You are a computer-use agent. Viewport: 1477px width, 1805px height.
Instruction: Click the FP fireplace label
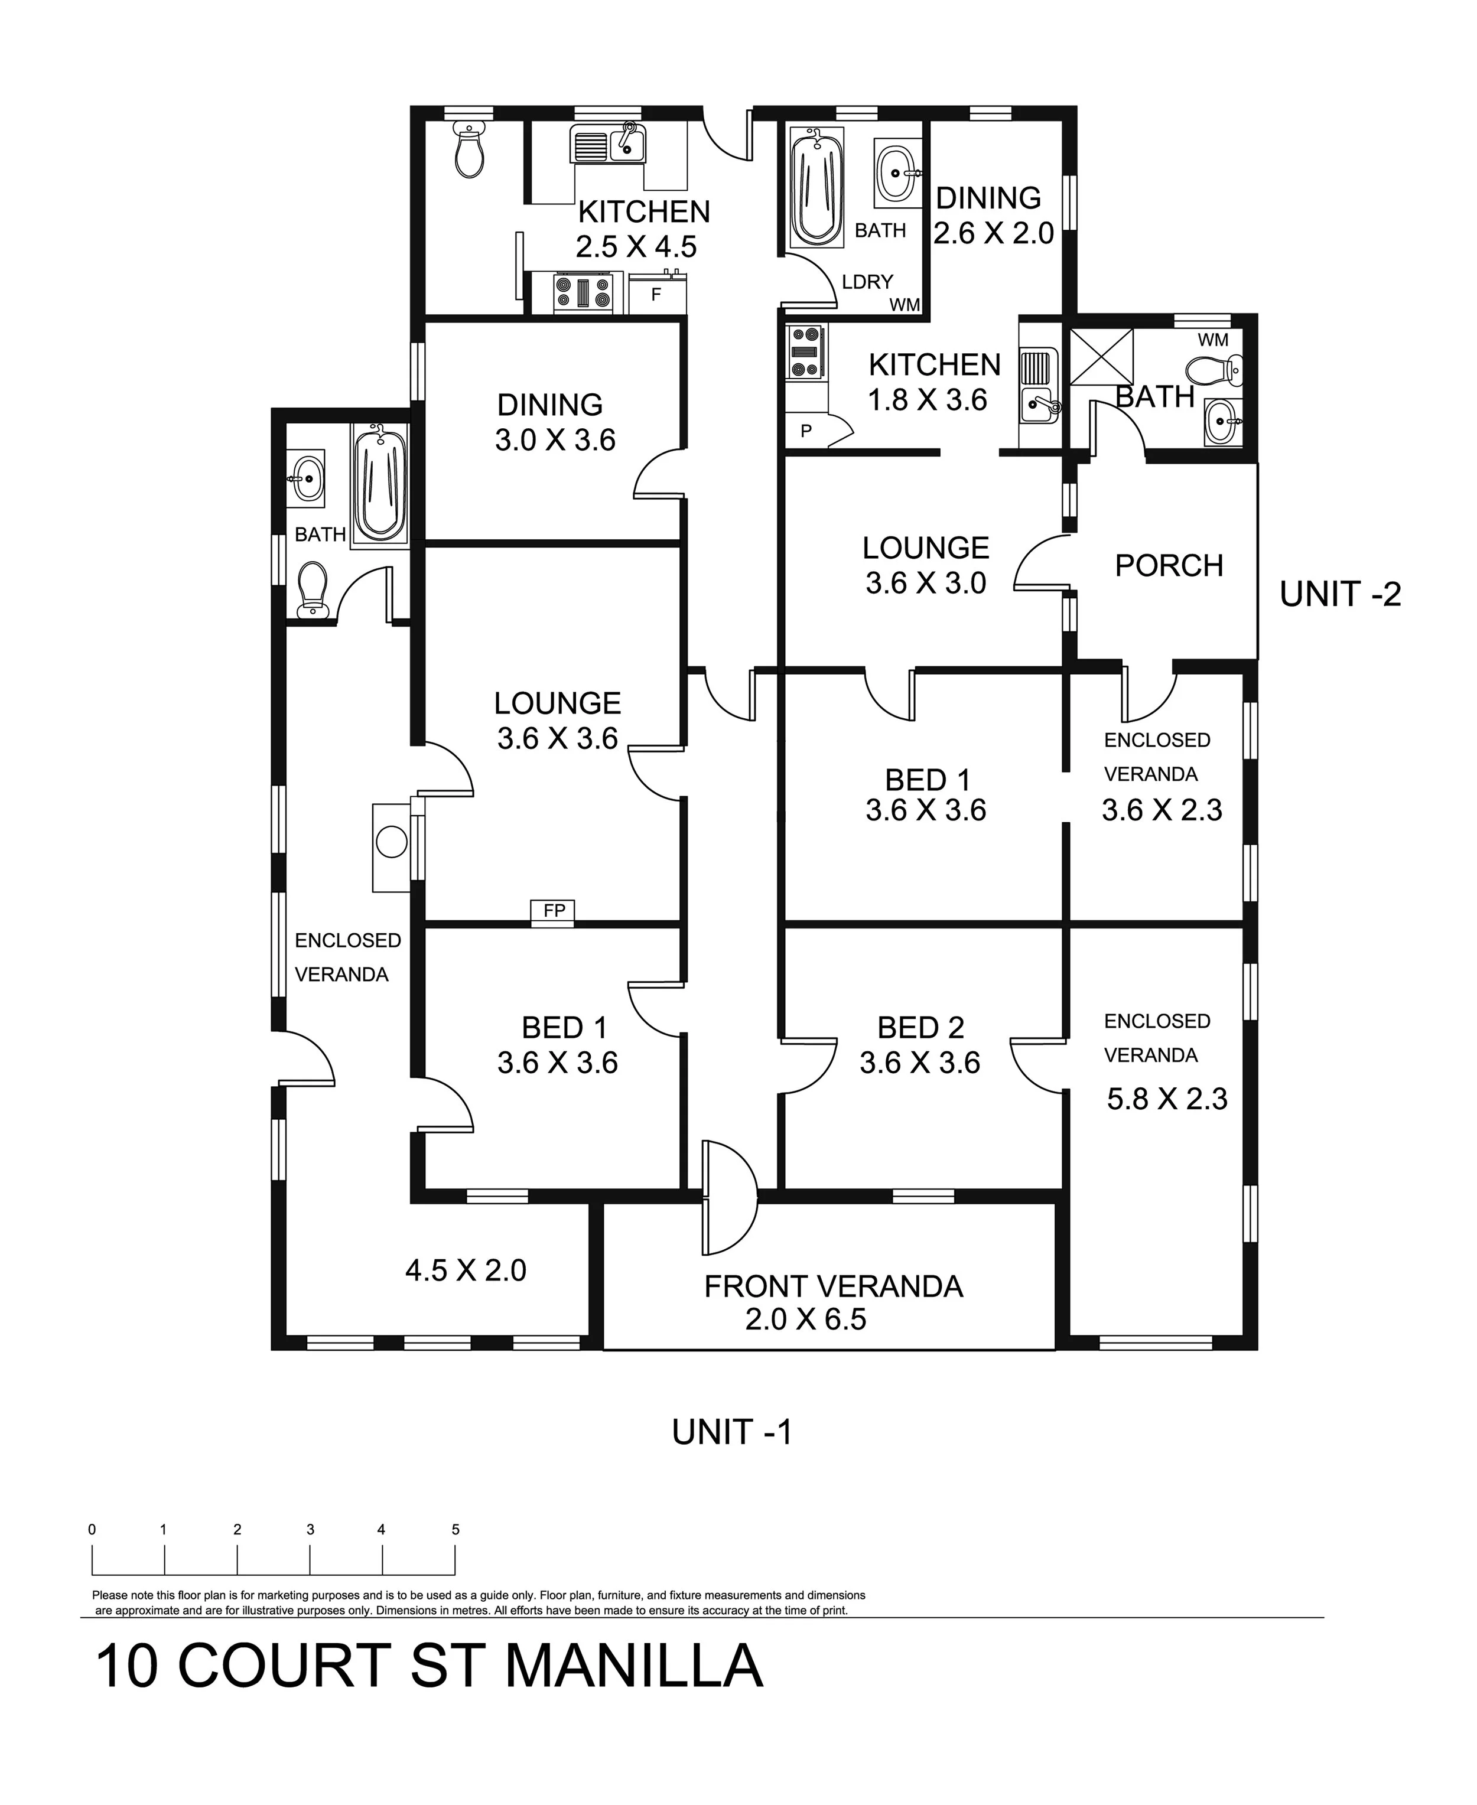tap(554, 911)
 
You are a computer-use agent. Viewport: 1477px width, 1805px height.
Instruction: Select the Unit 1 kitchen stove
tap(583, 292)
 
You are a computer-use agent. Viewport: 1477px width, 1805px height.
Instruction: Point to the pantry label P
tap(806, 431)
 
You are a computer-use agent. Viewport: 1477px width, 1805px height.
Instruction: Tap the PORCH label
tap(1169, 566)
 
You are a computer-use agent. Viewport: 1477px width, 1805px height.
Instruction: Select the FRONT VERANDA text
tap(833, 1286)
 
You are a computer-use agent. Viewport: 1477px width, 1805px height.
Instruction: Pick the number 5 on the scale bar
tap(455, 1529)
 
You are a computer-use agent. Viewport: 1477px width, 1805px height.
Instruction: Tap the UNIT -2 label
tap(1340, 595)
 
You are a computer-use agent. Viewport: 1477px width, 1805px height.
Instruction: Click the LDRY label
tap(867, 282)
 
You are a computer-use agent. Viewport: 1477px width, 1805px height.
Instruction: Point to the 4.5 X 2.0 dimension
tap(466, 1270)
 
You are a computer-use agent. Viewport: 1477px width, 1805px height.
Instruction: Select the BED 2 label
tap(920, 1028)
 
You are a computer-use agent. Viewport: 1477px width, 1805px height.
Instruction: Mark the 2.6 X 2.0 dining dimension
tap(994, 233)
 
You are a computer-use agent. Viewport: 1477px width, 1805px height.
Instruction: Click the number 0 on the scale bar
tap(92, 1529)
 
